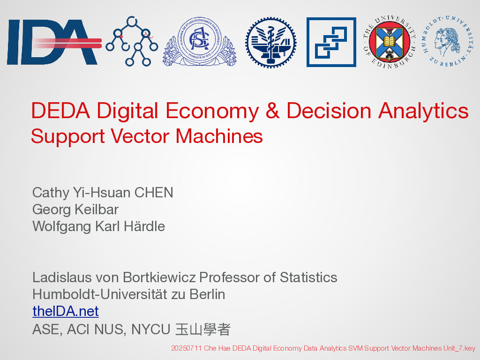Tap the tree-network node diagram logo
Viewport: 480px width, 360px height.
132,41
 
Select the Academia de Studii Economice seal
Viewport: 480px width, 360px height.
200,41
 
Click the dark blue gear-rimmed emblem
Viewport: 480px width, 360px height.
271,42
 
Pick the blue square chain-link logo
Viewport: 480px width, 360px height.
331,42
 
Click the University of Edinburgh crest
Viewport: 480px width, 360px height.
390,42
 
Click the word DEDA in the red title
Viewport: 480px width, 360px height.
60,111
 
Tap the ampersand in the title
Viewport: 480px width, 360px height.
272,111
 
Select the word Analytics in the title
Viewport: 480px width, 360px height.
423,111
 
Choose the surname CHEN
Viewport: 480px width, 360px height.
154,193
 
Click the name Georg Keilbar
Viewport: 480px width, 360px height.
75,210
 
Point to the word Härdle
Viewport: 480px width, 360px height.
144,226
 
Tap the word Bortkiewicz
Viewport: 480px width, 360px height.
159,277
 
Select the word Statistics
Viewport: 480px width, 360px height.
308,277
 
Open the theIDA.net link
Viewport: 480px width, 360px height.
66,311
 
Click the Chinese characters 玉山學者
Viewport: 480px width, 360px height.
202,330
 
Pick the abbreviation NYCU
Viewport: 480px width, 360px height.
150,330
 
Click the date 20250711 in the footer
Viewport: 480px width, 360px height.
186,348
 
